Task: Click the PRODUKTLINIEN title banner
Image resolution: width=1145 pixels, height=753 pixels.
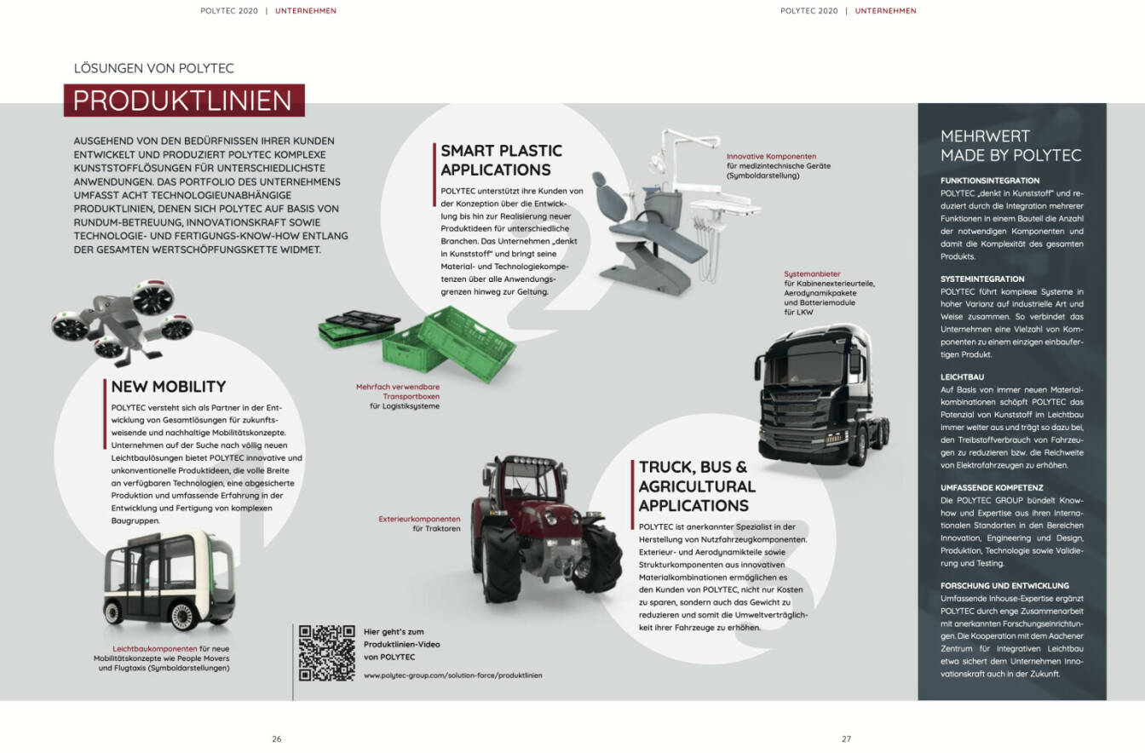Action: point(183,101)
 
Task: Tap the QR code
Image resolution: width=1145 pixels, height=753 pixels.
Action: point(326,652)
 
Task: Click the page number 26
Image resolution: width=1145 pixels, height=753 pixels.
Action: point(276,739)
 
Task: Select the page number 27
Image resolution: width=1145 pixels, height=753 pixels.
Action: point(846,739)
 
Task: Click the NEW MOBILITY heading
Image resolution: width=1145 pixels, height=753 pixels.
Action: point(168,387)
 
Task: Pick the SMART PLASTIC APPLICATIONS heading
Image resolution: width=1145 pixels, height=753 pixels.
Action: point(501,160)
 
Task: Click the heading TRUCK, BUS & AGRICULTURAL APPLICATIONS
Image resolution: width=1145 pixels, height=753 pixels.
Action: point(697,486)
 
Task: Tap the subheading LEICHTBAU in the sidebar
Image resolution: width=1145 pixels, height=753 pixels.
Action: point(962,376)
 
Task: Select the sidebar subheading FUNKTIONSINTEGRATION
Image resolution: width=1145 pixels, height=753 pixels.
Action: point(989,181)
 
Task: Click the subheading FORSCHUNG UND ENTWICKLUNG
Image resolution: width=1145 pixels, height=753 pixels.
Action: point(1004,585)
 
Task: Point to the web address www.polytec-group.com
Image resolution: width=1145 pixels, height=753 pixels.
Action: point(452,675)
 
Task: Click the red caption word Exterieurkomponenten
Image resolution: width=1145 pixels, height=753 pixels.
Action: point(419,518)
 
